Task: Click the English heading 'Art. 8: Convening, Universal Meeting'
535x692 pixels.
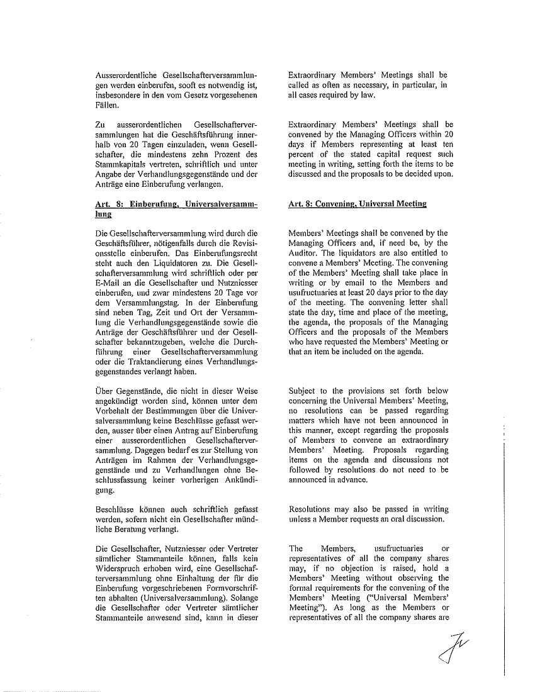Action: [357, 204]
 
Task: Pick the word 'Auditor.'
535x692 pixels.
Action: [303, 253]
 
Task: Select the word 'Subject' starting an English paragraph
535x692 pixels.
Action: [304, 390]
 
